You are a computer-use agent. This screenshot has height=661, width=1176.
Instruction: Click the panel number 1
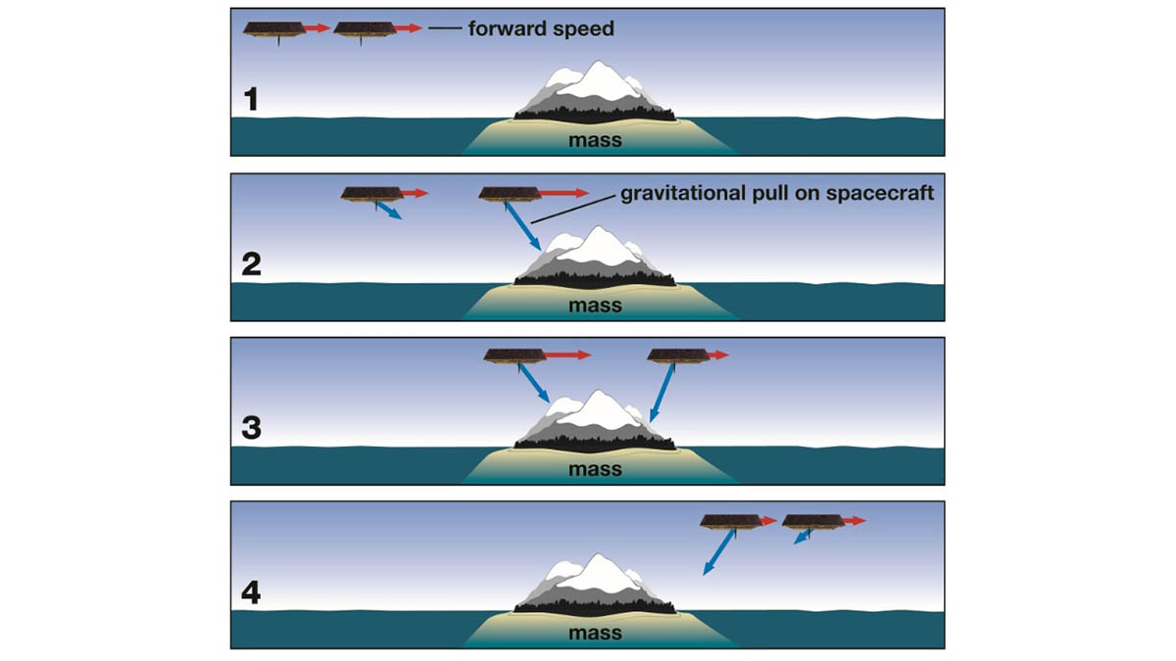pyautogui.click(x=252, y=99)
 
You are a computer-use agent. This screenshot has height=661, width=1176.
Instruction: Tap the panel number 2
pyautogui.click(x=252, y=263)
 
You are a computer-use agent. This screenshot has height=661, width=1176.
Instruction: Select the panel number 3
pyautogui.click(x=252, y=428)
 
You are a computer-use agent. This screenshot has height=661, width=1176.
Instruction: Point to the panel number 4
pyautogui.click(x=251, y=592)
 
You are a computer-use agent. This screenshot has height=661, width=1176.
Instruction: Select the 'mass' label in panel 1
pyautogui.click(x=595, y=140)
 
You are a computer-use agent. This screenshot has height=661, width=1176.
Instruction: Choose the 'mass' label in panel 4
pyautogui.click(x=595, y=633)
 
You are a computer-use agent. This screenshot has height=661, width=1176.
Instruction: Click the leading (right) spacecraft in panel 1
pyautogui.click(x=365, y=30)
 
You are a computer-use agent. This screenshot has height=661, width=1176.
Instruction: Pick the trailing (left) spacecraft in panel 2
pyautogui.click(x=371, y=195)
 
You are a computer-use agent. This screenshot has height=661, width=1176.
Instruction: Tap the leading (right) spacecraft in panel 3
pyautogui.click(x=678, y=356)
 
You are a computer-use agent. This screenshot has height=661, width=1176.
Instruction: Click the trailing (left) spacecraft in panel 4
pyautogui.click(x=731, y=523)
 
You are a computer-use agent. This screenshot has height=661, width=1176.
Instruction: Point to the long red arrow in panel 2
pyautogui.click(x=564, y=193)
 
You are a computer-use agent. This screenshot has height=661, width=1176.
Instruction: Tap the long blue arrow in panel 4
pyautogui.click(x=718, y=552)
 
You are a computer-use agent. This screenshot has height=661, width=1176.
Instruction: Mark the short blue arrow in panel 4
pyautogui.click(x=802, y=537)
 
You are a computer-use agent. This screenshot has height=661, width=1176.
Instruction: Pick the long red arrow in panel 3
pyautogui.click(x=568, y=355)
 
